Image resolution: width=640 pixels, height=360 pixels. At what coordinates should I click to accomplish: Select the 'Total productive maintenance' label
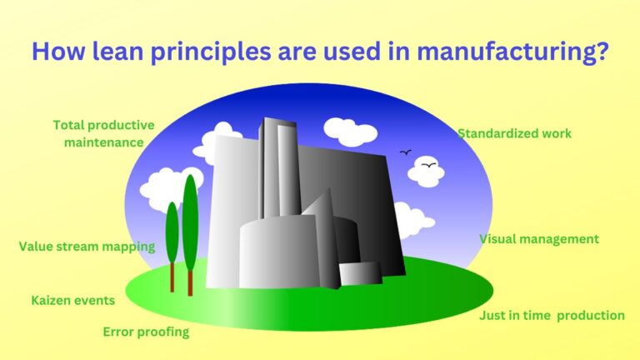(x=103, y=133)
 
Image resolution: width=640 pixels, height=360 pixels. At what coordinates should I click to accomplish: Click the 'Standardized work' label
(x=514, y=133)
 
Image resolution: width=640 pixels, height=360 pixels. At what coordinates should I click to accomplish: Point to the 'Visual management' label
(x=538, y=239)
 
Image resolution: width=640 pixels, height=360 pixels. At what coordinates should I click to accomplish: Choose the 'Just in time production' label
(x=552, y=316)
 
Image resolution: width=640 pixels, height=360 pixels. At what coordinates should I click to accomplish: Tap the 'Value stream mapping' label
(x=87, y=247)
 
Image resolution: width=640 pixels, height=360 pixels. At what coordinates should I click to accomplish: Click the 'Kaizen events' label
(x=72, y=300)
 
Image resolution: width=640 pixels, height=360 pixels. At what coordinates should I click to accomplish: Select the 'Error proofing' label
(x=146, y=332)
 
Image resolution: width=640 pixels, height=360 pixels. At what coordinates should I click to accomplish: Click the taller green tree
(x=190, y=221)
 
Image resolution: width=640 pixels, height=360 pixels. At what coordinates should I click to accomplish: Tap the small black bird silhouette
(x=406, y=152)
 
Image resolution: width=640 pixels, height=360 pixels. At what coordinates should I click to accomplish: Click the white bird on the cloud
(x=428, y=166)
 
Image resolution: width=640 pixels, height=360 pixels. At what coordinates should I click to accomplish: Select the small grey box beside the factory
(x=360, y=272)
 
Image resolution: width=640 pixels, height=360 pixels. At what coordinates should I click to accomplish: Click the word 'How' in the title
(x=57, y=51)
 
